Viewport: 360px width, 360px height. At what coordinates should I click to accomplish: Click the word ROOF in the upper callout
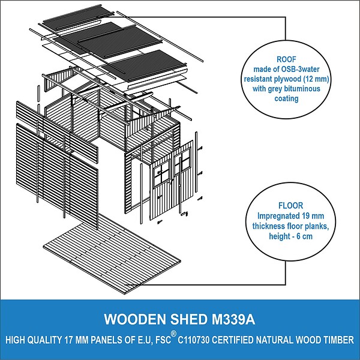point(286,59)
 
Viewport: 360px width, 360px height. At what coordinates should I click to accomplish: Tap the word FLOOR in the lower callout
point(290,205)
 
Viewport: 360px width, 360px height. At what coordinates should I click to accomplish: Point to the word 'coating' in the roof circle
point(287,98)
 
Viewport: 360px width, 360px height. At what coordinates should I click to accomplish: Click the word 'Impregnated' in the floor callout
point(276,216)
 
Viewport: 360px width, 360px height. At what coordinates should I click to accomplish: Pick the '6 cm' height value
point(305,236)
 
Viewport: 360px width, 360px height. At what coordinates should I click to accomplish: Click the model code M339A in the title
point(233,319)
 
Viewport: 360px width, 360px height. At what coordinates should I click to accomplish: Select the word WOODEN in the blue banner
point(135,319)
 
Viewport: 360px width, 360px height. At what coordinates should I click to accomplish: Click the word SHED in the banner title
point(189,319)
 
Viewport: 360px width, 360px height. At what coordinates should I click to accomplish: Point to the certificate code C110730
point(194,340)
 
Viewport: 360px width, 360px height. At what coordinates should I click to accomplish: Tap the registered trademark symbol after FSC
point(174,334)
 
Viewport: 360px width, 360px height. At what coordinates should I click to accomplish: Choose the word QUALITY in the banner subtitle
point(44,340)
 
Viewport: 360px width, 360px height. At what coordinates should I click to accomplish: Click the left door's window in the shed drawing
point(162,174)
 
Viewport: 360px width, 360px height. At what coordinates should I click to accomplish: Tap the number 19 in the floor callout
point(299,216)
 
